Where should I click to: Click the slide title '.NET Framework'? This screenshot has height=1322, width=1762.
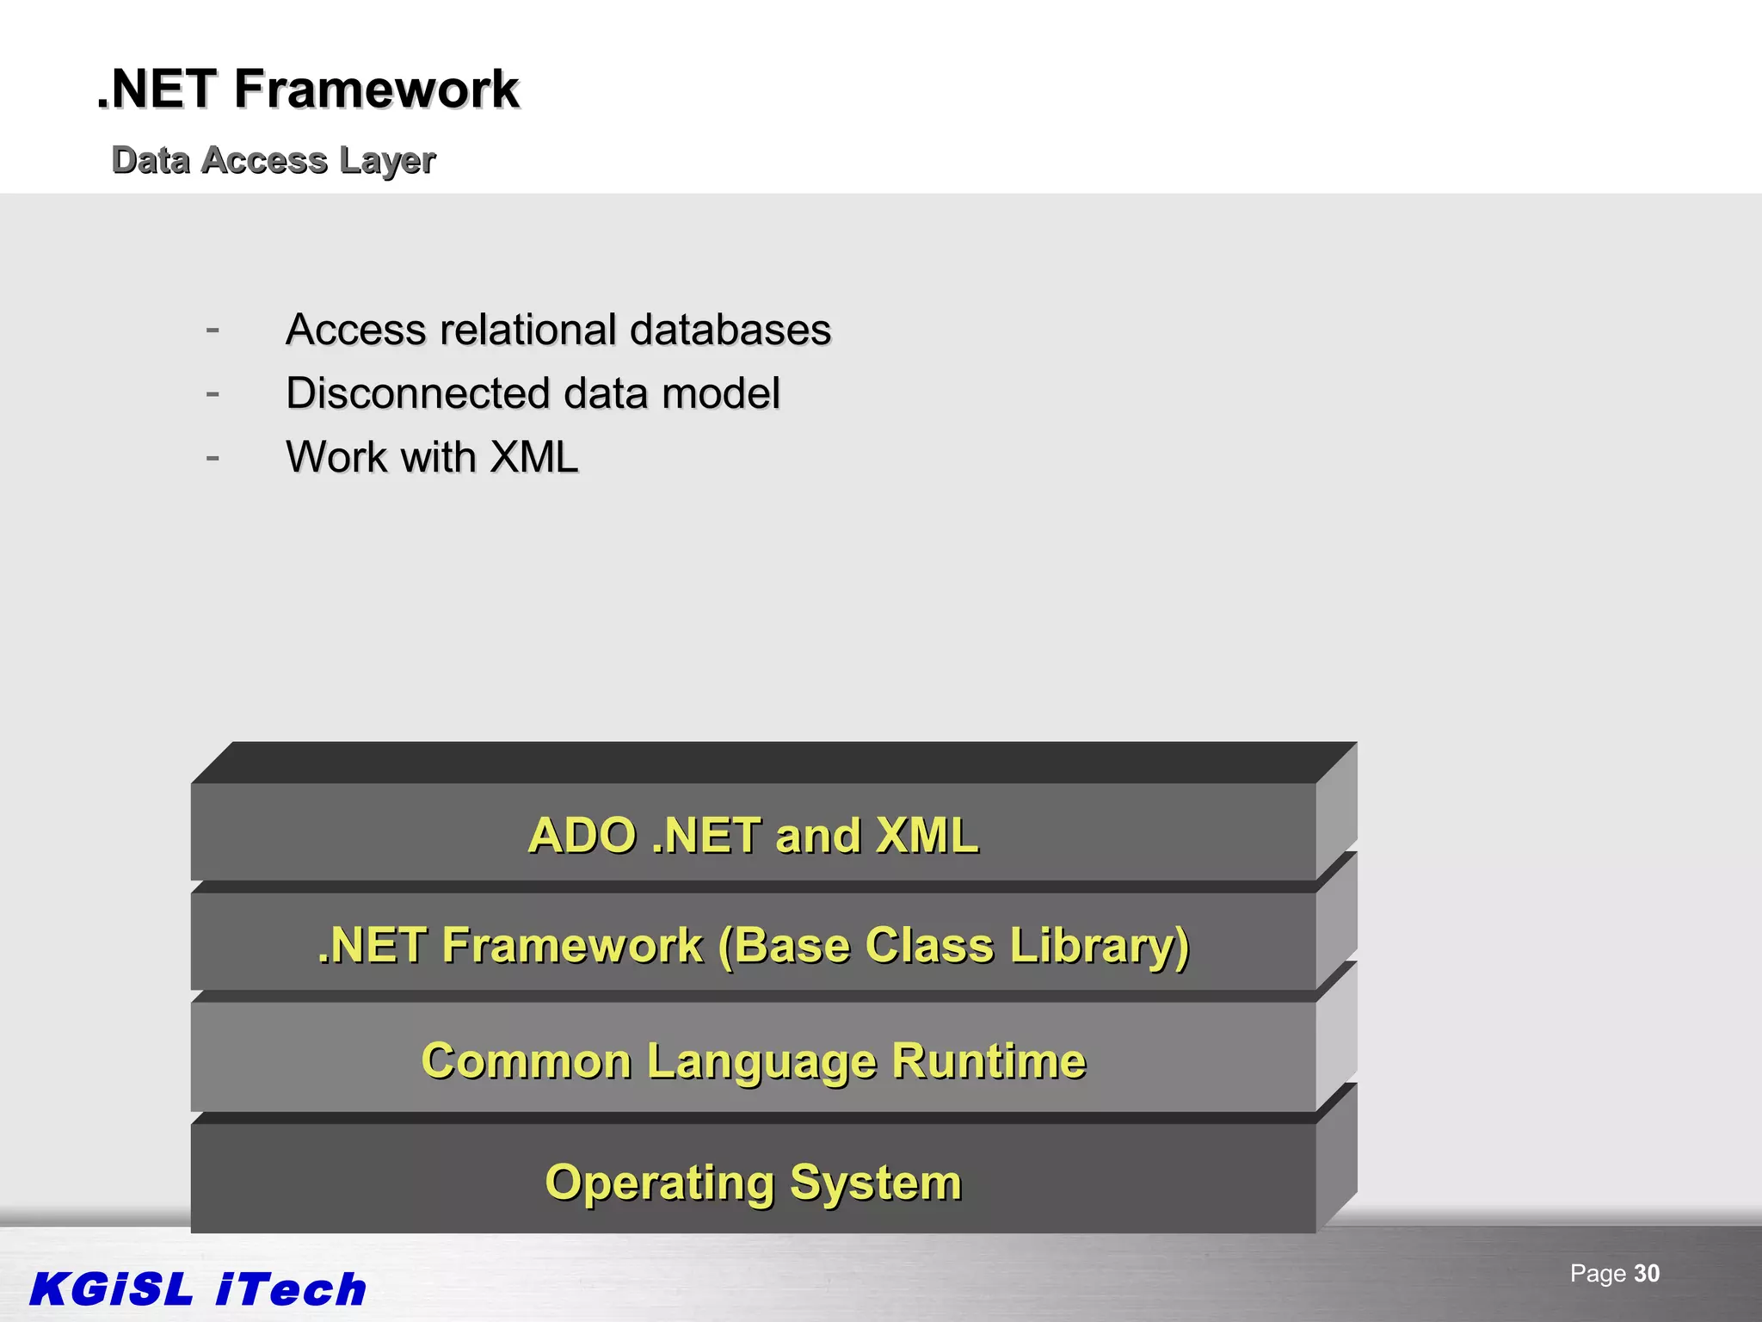point(307,90)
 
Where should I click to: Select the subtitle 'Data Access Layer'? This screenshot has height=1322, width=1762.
point(274,160)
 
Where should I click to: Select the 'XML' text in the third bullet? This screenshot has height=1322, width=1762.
point(533,457)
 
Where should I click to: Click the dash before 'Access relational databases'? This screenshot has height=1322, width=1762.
point(213,330)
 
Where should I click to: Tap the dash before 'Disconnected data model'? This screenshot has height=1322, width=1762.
point(213,393)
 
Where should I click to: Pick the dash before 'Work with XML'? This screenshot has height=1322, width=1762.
point(213,457)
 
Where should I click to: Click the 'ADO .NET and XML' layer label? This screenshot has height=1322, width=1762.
point(753,835)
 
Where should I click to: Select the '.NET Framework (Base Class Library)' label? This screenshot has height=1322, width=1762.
point(753,945)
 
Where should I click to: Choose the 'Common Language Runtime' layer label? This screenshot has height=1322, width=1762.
point(753,1060)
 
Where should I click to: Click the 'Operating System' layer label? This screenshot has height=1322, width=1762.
point(753,1183)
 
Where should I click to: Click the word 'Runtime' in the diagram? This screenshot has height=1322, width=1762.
point(989,1060)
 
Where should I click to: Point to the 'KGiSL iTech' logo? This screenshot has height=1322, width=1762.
point(198,1289)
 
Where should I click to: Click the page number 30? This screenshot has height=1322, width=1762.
point(1647,1274)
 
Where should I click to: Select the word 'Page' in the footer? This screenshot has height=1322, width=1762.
point(1598,1274)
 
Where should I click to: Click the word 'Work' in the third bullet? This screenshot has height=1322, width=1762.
point(336,457)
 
